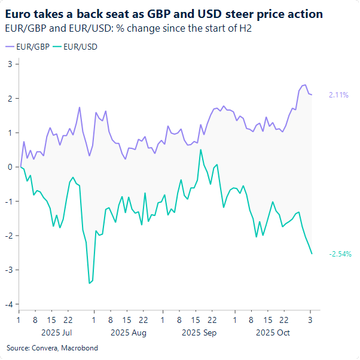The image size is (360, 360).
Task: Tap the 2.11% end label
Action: coord(338,95)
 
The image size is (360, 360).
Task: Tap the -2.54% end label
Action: coord(340,254)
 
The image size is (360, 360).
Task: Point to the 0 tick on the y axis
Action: coord(10,167)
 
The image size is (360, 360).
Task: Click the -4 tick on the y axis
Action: coord(8,304)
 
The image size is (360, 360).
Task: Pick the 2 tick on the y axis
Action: coord(10,98)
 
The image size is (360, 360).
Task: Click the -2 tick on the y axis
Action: coord(8,236)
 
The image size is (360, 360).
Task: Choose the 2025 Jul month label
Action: coord(56,332)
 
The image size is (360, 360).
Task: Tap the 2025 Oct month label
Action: coord(272,332)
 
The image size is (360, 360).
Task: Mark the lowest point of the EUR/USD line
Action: coord(90,283)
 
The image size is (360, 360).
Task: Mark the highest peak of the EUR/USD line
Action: coord(201,150)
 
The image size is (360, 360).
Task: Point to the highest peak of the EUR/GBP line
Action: coord(305,85)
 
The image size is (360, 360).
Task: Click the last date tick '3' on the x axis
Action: coord(310,319)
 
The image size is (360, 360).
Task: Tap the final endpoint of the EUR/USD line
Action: coord(312,254)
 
